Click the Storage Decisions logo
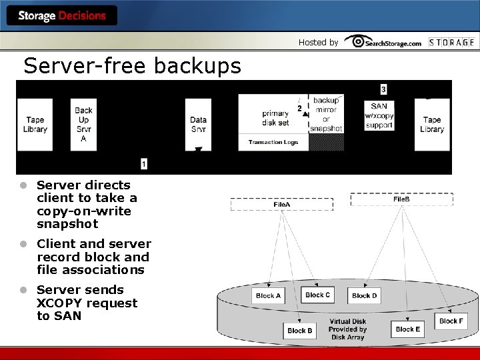click(x=62, y=15)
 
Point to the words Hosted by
click(x=318, y=42)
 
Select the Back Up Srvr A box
click(x=83, y=125)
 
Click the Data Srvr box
click(x=198, y=125)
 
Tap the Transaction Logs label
click(x=273, y=142)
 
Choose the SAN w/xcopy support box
click(x=379, y=115)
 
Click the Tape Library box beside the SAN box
click(x=432, y=125)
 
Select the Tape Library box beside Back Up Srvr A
click(x=35, y=125)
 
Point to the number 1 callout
click(x=144, y=163)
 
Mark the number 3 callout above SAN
click(x=383, y=89)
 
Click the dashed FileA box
click(x=282, y=204)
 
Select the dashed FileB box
click(x=401, y=199)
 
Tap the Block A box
click(x=268, y=295)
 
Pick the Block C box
click(x=317, y=295)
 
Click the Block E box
click(x=408, y=329)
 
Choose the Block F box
click(x=451, y=321)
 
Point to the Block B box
click(x=300, y=330)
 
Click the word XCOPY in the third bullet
click(x=58, y=303)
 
